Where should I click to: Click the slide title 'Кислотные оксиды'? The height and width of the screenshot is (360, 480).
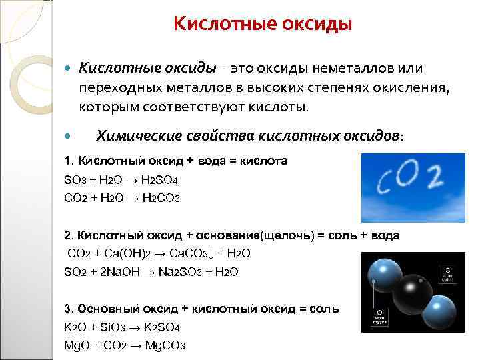[262, 25]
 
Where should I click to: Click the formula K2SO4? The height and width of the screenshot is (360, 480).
[158, 327]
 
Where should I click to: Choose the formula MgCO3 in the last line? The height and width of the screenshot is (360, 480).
[164, 345]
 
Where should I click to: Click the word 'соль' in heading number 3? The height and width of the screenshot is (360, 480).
[322, 309]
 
